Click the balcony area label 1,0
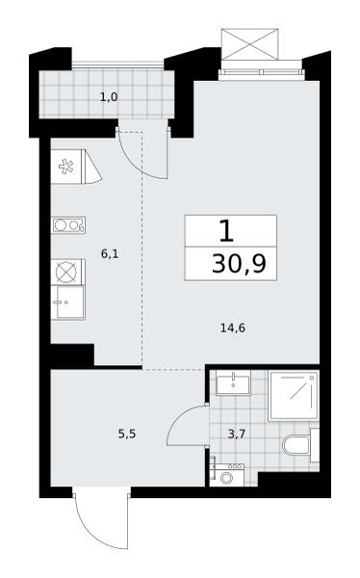pyautogui.click(x=109, y=97)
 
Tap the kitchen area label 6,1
pyautogui.click(x=110, y=253)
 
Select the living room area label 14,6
pyautogui.click(x=233, y=328)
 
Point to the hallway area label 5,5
pyautogui.click(x=127, y=433)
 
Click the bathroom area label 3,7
pyautogui.click(x=237, y=433)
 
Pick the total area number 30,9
pyautogui.click(x=239, y=264)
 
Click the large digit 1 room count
pyautogui.click(x=226, y=231)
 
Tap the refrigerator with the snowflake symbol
pyautogui.click(x=76, y=167)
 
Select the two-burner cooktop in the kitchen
pyautogui.click(x=68, y=224)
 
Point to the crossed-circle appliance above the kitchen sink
pyautogui.click(x=67, y=272)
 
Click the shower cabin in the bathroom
pyautogui.click(x=294, y=395)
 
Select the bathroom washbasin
pyautogui.click(x=233, y=383)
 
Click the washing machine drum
pyautogui.click(x=225, y=478)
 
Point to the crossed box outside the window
pyautogui.click(x=249, y=44)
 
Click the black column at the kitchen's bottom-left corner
pyautogui.click(x=72, y=355)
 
